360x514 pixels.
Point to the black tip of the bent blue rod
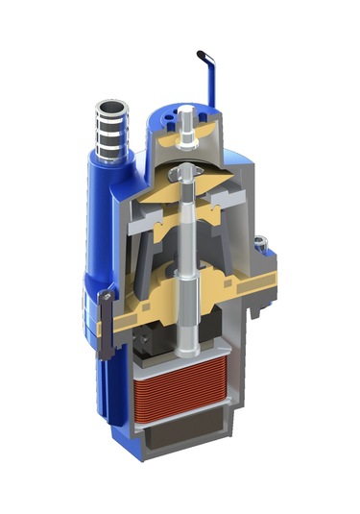pos(202,54)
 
